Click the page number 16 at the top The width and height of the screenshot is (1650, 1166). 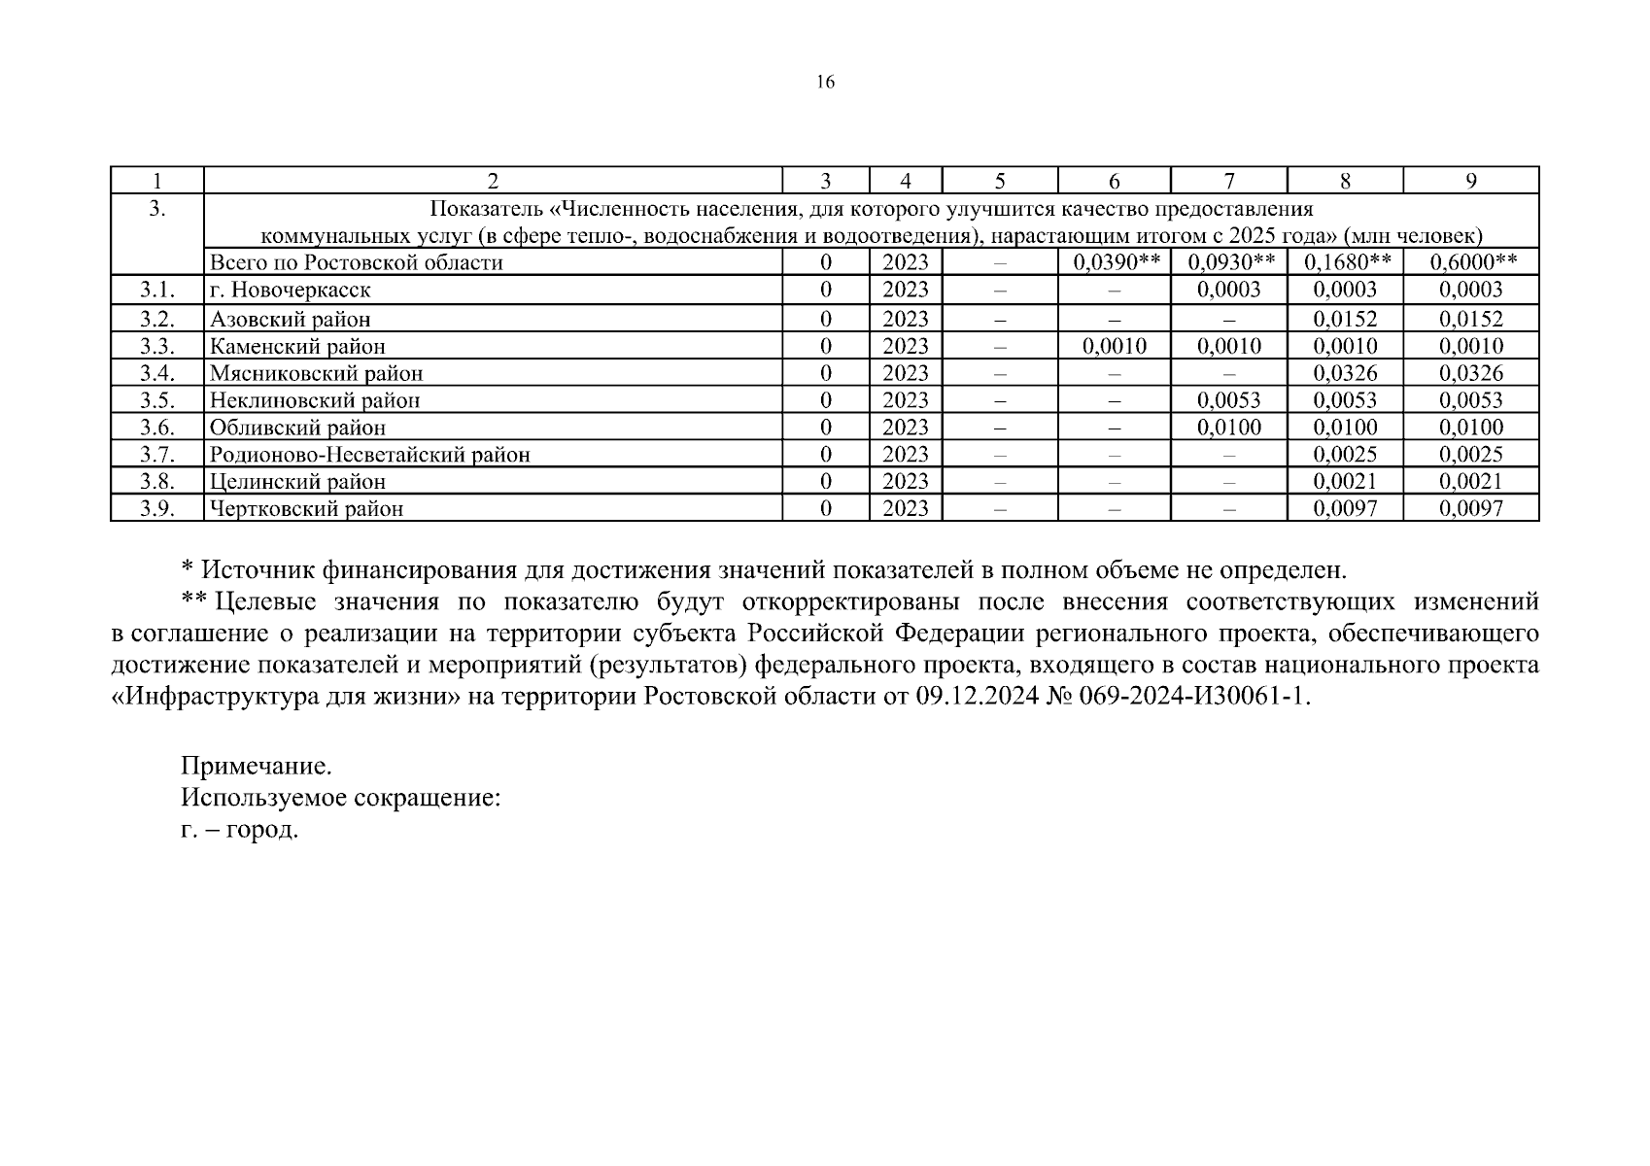824,83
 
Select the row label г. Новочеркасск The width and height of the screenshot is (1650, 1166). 291,291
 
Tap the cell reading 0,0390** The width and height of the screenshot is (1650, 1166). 1114,262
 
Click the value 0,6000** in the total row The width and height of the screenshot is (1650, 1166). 1472,262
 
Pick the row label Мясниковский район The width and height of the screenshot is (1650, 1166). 317,373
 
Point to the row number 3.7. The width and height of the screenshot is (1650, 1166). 156,454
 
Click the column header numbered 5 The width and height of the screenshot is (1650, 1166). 1000,181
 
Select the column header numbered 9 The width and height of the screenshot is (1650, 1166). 1471,181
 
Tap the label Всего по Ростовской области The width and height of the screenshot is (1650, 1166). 357,262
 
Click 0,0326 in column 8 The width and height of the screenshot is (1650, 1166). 1345,373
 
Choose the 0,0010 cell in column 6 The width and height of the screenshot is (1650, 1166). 1114,346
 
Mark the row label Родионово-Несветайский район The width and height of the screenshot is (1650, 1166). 370,455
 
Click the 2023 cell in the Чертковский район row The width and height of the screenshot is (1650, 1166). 906,508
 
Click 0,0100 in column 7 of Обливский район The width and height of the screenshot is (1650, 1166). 1229,428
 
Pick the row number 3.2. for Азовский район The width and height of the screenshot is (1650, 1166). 156,319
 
